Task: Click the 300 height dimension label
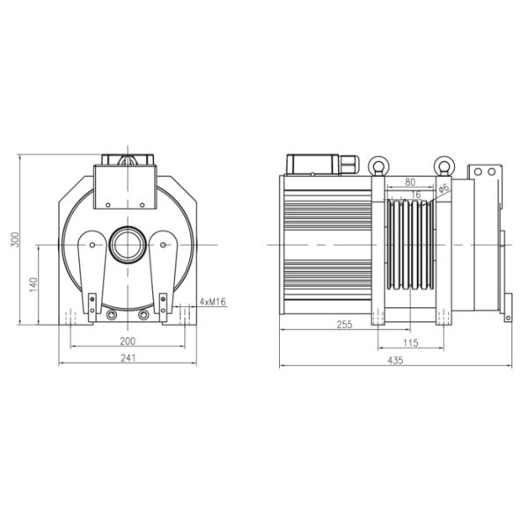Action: pos(16,239)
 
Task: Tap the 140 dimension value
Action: pos(33,284)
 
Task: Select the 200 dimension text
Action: pos(128,341)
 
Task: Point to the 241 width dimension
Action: pos(128,358)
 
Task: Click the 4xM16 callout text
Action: pos(212,302)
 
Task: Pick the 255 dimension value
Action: pos(344,324)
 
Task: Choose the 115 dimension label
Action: pos(410,343)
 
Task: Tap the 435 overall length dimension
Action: pos(395,360)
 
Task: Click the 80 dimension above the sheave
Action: pos(410,182)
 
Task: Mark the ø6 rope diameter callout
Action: pos(444,188)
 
